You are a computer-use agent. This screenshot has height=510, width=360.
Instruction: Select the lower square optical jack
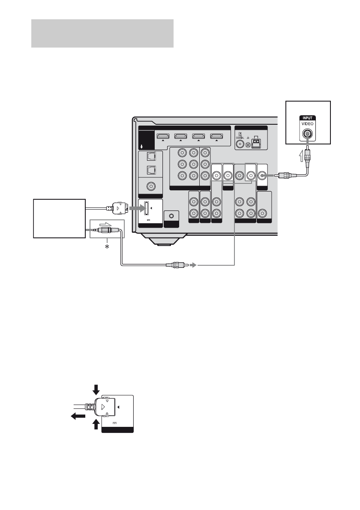[150, 171]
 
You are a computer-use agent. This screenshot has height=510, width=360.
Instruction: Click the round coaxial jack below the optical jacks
[150, 186]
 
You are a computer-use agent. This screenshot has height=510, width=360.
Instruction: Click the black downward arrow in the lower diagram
[96, 389]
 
